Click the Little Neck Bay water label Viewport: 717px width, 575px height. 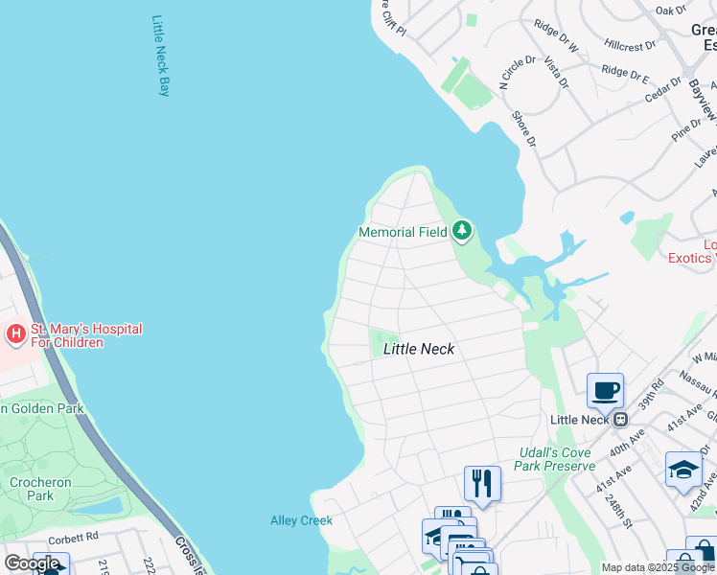(x=161, y=56)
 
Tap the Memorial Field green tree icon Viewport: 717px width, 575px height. (x=463, y=231)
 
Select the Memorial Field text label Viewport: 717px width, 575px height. (x=400, y=232)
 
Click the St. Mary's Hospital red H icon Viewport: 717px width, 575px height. (x=16, y=334)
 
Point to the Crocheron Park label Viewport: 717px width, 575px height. (x=40, y=489)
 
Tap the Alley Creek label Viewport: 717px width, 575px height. (x=301, y=520)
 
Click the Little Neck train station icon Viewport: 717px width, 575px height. (x=620, y=419)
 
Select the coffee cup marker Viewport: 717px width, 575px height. (x=605, y=391)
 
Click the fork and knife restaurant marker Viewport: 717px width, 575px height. (x=482, y=483)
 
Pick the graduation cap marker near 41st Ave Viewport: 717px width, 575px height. (x=682, y=470)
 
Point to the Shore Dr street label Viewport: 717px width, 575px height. (x=523, y=129)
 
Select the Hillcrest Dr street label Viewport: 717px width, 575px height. (x=630, y=45)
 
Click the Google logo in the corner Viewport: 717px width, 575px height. (x=32, y=563)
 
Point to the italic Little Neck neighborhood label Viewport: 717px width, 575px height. (x=418, y=349)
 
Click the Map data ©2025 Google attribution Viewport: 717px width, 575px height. (x=658, y=567)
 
